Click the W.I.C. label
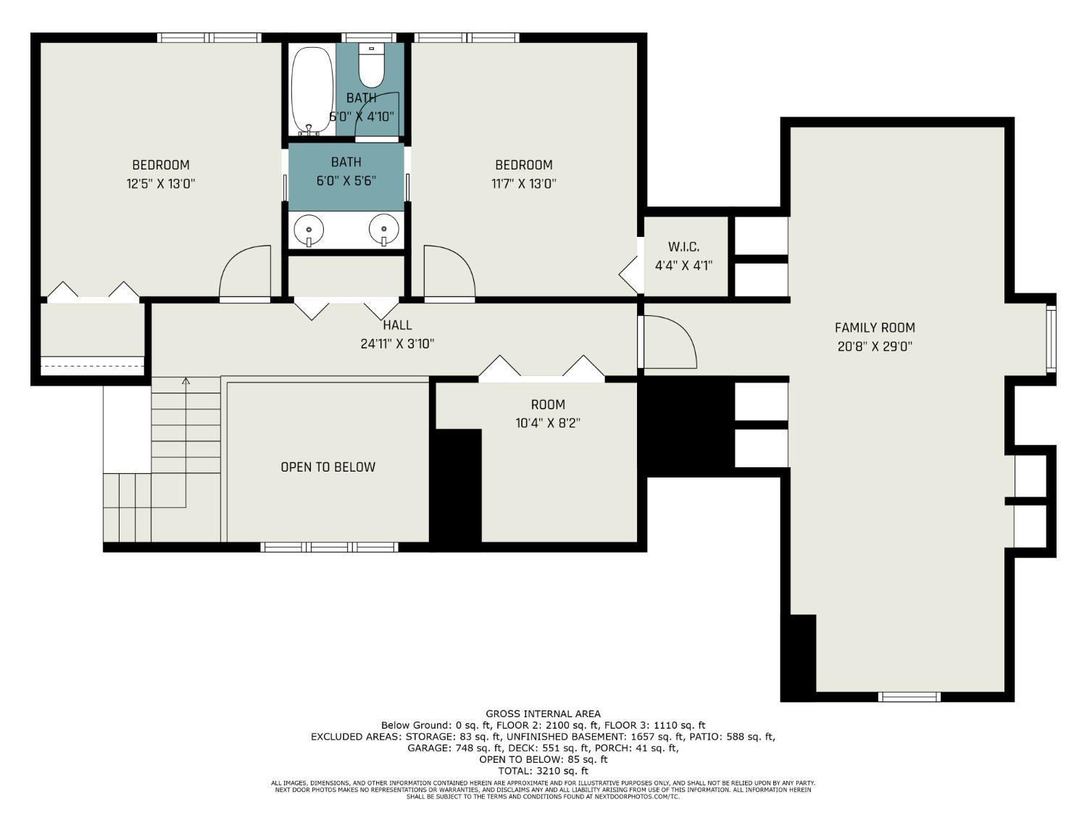click(x=683, y=247)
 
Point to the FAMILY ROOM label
click(x=875, y=327)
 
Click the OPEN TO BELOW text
click(x=328, y=467)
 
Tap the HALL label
click(x=397, y=325)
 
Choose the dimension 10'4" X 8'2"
click(x=548, y=424)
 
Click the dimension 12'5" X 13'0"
click(x=160, y=184)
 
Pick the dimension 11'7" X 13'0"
click(x=523, y=184)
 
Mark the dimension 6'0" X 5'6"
click(x=346, y=180)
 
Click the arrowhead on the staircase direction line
click(x=186, y=380)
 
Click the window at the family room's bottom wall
click(x=909, y=697)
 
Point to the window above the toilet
click(x=371, y=37)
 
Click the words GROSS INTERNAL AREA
click(x=543, y=714)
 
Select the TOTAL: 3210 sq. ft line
click(x=543, y=771)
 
